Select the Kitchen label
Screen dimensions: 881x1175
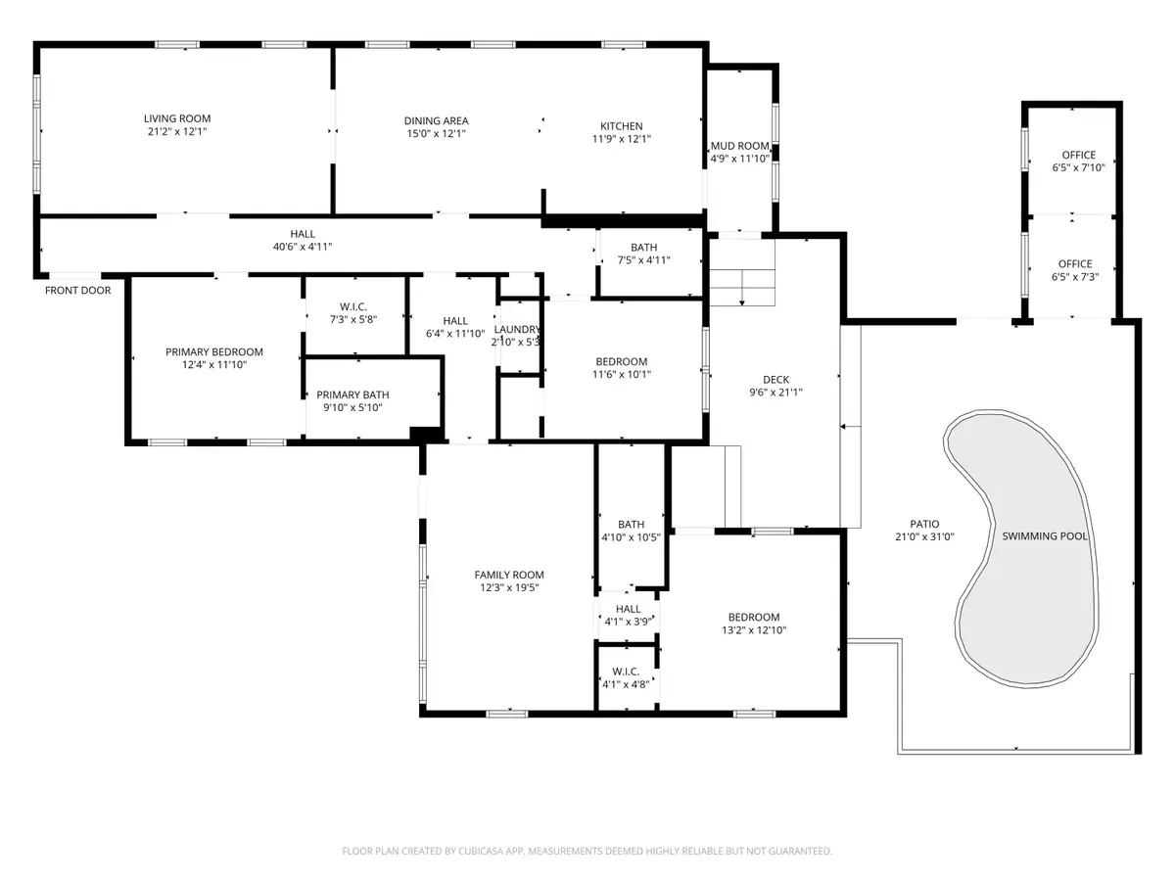tap(621, 126)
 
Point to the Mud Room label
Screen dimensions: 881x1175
tap(739, 146)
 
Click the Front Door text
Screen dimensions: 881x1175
tap(77, 291)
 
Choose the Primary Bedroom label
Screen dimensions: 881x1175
tap(213, 352)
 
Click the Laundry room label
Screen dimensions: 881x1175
tap(518, 330)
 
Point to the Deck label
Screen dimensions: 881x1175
tap(775, 381)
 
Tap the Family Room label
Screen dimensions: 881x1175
tap(509, 576)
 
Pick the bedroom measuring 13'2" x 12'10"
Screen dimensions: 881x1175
tap(753, 624)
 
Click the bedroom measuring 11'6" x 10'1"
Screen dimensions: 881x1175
tap(621, 367)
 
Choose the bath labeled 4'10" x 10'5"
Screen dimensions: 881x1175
tap(631, 531)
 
